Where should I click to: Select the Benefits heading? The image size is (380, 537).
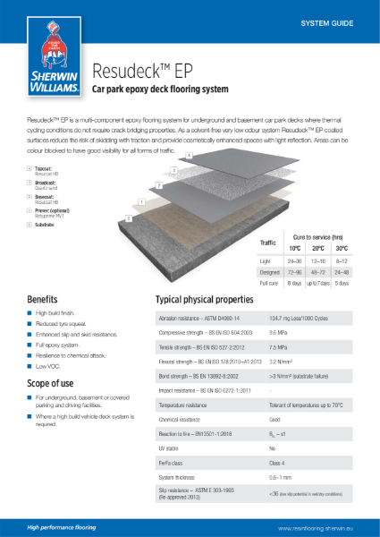point(43,298)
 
